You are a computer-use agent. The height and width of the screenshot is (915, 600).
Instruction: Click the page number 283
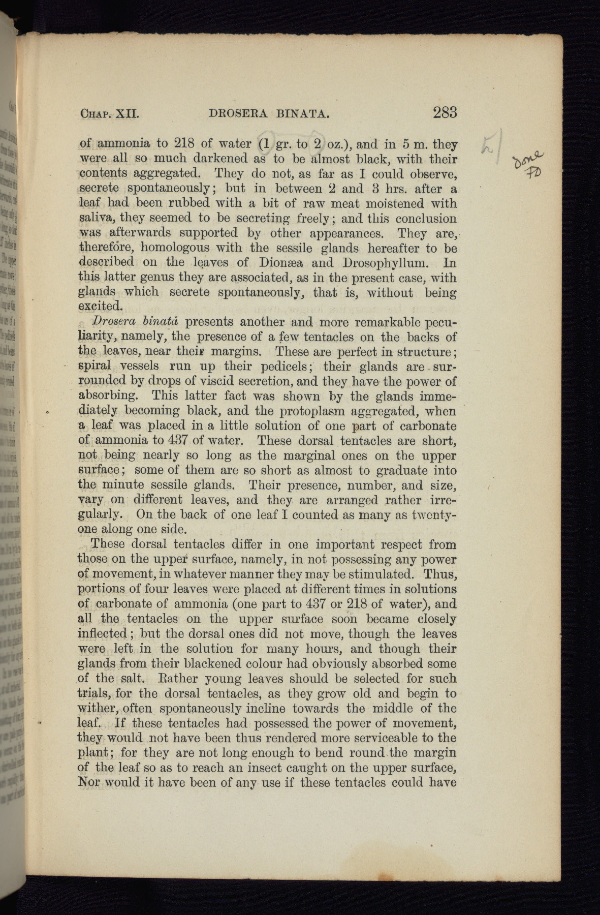pos(445,112)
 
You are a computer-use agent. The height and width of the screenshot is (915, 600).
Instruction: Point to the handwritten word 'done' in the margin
pos(529,158)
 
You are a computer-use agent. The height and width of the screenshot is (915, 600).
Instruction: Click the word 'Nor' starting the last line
pos(87,782)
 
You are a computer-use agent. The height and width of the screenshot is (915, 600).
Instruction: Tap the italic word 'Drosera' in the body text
pos(108,322)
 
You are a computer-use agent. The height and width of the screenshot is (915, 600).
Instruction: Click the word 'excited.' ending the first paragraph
pos(101,307)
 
